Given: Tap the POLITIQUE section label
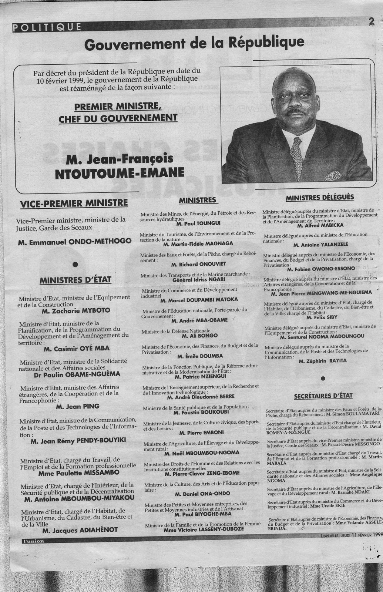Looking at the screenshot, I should point(47,27).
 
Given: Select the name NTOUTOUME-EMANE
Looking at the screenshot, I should point(115,174).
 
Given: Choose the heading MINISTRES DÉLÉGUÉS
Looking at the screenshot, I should point(320,197).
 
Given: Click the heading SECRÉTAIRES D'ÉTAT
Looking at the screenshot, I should point(323,396).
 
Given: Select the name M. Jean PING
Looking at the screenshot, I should point(77,406).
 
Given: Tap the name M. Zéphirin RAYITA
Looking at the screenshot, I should point(323,361).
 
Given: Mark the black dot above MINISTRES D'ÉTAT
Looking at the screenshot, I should point(75,264).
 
